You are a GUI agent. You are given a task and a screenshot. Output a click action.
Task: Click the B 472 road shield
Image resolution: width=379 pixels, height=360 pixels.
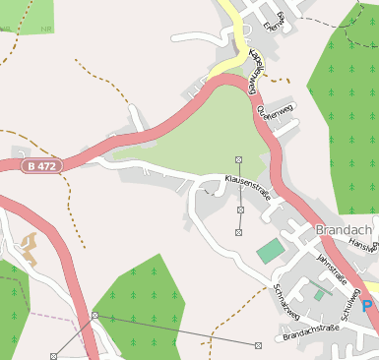[x=43, y=166]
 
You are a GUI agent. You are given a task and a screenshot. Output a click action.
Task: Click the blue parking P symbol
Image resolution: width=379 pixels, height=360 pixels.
[x=367, y=307]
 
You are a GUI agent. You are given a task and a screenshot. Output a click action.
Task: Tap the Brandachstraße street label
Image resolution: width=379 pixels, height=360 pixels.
[x=310, y=337]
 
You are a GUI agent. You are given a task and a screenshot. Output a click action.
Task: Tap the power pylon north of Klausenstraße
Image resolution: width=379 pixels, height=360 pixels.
[x=239, y=159]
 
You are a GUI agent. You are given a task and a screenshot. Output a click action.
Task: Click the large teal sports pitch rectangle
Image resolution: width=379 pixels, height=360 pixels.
[x=269, y=251]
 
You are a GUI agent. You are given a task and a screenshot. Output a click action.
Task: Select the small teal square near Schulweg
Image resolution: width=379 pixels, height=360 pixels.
[x=319, y=293]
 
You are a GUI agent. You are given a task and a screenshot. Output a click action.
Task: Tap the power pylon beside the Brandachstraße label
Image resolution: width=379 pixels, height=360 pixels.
[x=258, y=345]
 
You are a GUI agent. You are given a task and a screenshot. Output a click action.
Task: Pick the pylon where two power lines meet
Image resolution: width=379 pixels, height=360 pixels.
[x=95, y=315]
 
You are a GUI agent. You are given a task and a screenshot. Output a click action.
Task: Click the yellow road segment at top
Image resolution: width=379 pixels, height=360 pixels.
[x=236, y=34]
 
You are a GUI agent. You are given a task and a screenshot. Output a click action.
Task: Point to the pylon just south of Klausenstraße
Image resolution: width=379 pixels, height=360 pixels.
[x=239, y=209]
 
